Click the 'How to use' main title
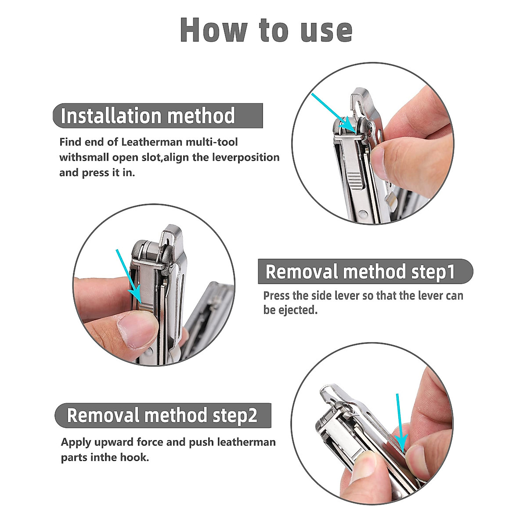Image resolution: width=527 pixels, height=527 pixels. pyautogui.click(x=266, y=30)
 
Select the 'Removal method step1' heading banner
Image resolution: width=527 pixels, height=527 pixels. pyautogui.click(x=365, y=272)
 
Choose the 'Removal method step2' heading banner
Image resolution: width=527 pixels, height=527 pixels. pyautogui.click(x=162, y=415)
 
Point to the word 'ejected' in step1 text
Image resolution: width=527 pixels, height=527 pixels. pyautogui.click(x=296, y=310)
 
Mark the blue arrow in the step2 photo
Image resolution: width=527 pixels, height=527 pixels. pyautogui.click(x=400, y=422)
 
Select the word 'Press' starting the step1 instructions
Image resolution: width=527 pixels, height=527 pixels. pyautogui.click(x=276, y=296)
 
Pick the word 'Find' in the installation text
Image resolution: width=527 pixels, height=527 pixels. pyautogui.click(x=71, y=142)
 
